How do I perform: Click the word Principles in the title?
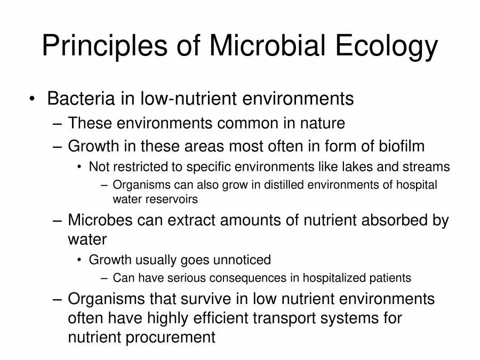click(105, 46)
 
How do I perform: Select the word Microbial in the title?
click(267, 45)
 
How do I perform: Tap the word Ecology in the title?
click(387, 46)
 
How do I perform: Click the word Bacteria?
click(81, 99)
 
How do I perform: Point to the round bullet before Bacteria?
click(32, 99)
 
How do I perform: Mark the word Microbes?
click(100, 220)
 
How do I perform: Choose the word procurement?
click(170, 338)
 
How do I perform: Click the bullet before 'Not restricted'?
click(79, 167)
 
